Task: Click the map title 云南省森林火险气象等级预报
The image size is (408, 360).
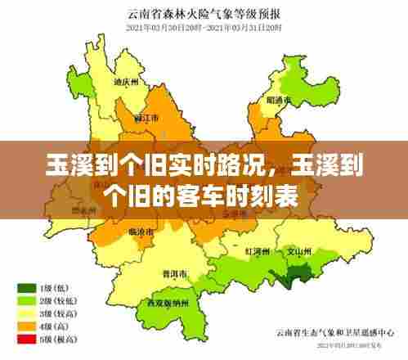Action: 204,13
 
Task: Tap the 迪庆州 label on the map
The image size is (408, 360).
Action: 122,82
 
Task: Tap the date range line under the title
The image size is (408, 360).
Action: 204,27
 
